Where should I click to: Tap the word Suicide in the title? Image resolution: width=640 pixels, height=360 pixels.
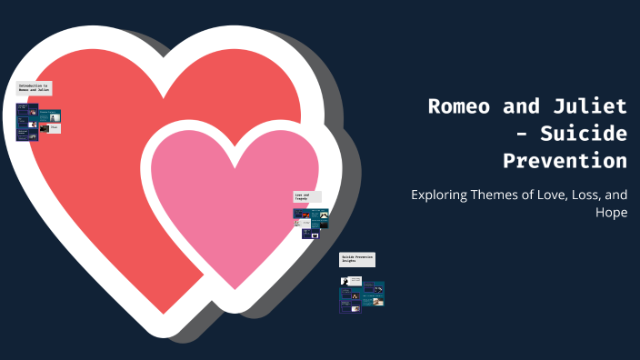(x=584, y=134)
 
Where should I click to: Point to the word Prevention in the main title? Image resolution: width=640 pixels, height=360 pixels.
(x=565, y=161)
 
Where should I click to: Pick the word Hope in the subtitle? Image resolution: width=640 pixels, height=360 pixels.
(x=610, y=213)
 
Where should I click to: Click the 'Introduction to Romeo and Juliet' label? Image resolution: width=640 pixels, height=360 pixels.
(x=35, y=89)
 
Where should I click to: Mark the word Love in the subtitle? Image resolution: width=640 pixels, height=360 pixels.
(x=556, y=195)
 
